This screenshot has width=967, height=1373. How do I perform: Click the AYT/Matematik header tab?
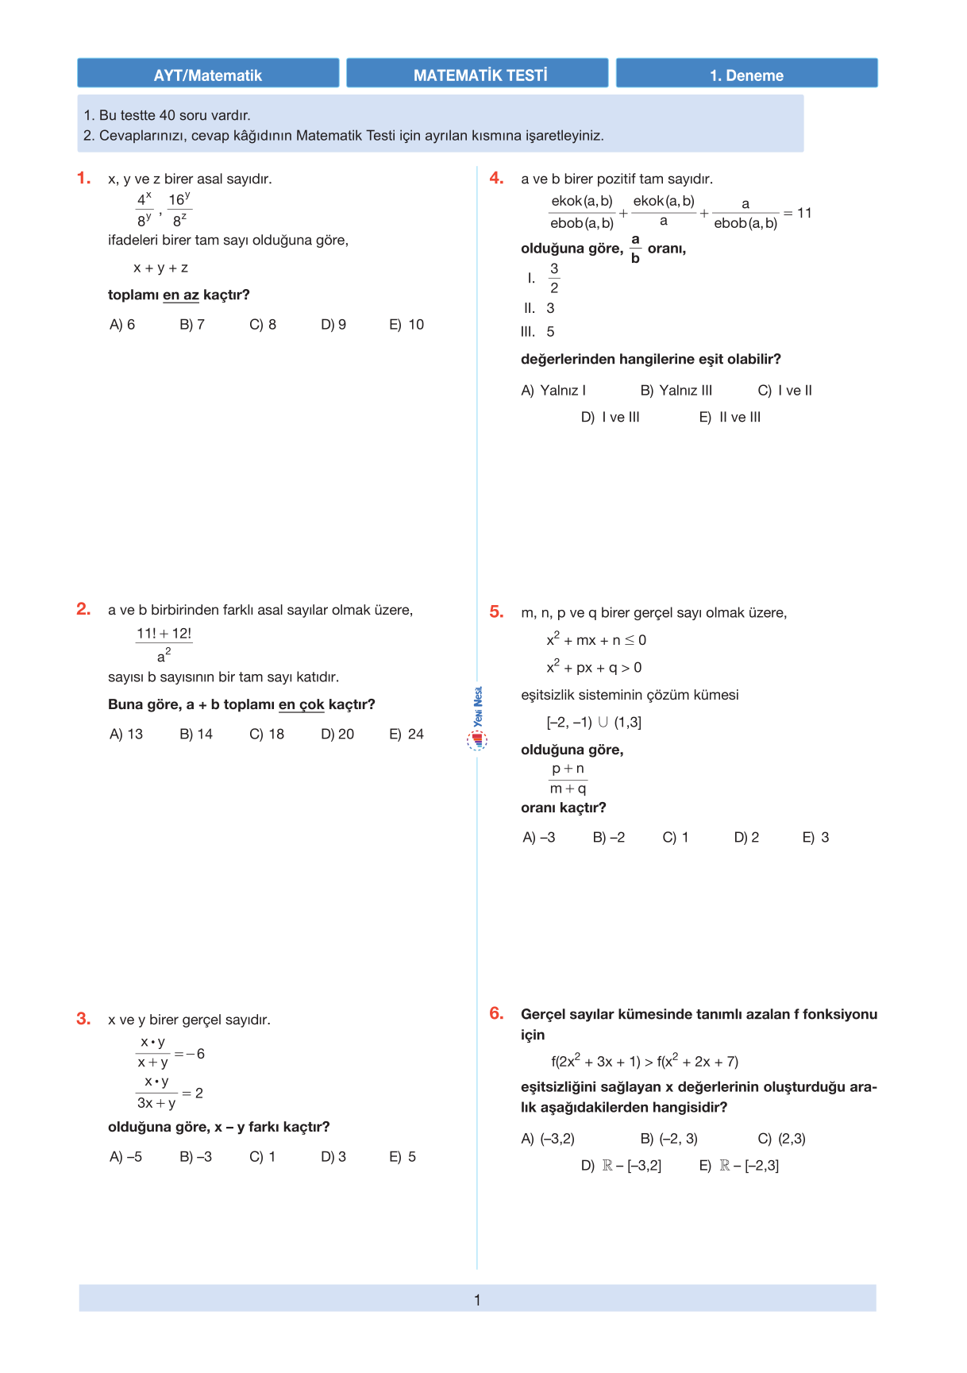pos(208,74)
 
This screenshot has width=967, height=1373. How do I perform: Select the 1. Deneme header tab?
pos(746,74)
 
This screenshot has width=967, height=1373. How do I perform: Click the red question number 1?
pos(84,178)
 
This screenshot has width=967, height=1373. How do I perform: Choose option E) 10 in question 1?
pos(406,324)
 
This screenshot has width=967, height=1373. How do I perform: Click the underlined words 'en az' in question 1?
pos(181,295)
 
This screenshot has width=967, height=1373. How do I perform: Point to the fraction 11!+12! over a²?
pos(164,644)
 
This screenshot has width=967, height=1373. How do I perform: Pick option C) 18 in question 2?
pos(267,734)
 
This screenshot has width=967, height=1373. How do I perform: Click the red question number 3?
pos(83,1019)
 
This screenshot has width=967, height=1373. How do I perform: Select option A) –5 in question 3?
pos(125,1156)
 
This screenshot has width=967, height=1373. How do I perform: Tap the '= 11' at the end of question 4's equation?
pos(799,213)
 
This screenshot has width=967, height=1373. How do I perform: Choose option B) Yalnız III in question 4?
pos(676,390)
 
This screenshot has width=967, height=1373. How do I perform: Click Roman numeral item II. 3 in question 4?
pos(540,308)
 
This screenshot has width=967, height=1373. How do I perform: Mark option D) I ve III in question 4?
pos(610,417)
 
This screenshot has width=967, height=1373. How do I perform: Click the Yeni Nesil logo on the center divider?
pos(477,719)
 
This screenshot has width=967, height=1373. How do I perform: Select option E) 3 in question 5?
pos(815,837)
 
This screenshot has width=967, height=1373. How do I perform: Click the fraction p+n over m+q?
pos(568,778)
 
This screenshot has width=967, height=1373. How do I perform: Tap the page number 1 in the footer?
pos(477,1300)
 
